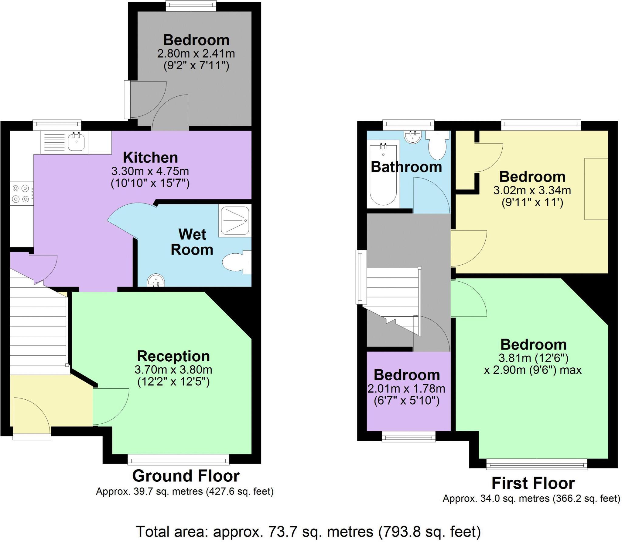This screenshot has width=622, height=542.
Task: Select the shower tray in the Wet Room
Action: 234,221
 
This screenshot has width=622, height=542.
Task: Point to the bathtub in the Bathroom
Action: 383,175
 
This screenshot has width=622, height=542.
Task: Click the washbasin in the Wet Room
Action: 156,281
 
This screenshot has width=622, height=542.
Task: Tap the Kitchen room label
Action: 150,158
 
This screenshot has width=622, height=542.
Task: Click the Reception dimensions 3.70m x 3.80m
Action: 173,370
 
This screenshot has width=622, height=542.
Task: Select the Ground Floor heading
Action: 186,476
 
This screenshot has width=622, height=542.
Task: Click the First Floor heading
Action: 533,483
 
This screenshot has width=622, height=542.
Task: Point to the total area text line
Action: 308,531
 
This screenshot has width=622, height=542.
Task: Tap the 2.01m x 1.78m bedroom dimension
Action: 406,389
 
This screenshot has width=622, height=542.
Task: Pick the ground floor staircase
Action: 38,332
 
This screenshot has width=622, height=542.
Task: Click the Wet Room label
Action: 192,242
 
